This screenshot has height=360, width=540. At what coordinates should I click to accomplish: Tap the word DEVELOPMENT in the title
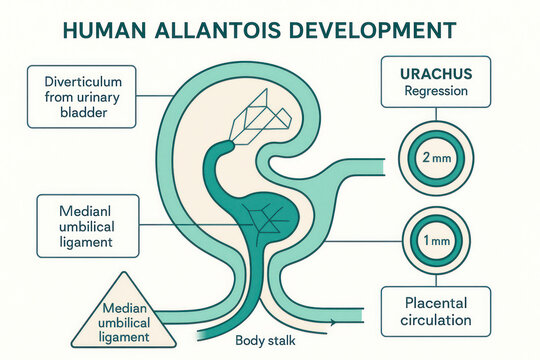coord(365,31)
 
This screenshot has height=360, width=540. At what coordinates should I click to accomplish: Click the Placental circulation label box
coord(435,311)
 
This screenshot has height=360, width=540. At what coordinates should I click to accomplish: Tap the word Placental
coord(435,302)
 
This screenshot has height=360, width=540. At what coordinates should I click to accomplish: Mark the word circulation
coord(435,321)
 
